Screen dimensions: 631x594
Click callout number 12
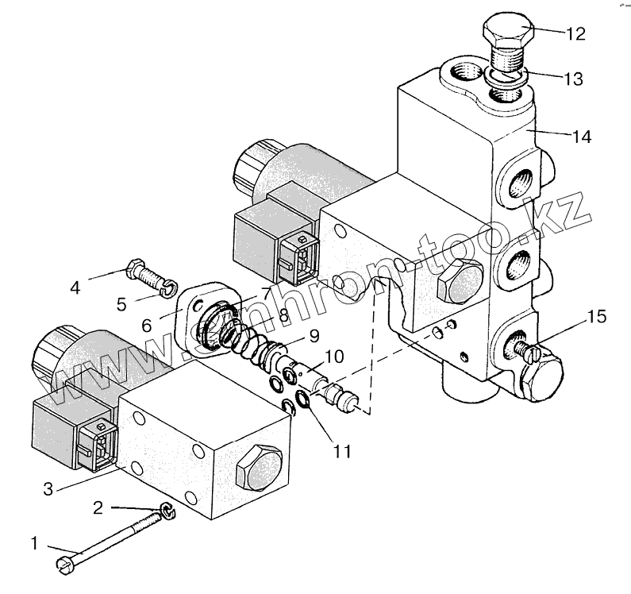(575, 34)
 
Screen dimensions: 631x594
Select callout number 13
(573, 79)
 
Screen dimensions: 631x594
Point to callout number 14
(582, 137)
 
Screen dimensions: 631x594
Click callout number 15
(597, 317)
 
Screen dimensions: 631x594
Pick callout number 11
(342, 451)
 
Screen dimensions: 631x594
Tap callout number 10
(335, 357)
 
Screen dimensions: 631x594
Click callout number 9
(314, 336)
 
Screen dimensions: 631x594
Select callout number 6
(147, 325)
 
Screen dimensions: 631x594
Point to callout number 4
(75, 287)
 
